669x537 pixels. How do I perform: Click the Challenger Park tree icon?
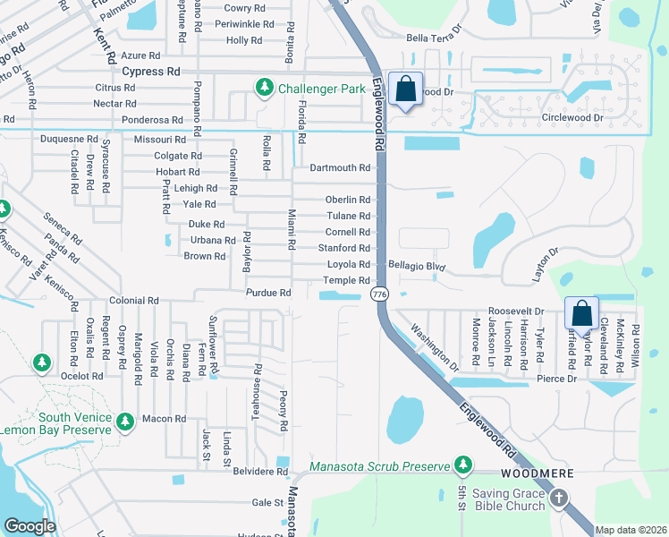point(264,88)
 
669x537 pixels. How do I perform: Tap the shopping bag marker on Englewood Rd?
point(405,90)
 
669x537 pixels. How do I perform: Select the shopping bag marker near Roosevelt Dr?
point(580,314)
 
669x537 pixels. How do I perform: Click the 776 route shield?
point(380,294)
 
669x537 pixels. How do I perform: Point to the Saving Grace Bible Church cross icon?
point(559,498)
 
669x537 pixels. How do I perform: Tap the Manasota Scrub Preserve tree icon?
point(462,464)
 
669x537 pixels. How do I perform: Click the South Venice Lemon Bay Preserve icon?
point(125,420)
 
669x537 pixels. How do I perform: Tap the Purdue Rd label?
point(269,293)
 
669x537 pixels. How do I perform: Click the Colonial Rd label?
point(133,302)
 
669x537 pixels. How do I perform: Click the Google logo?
point(30,526)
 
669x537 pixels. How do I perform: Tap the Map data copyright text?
point(631,530)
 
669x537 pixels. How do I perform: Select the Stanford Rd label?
point(343,248)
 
